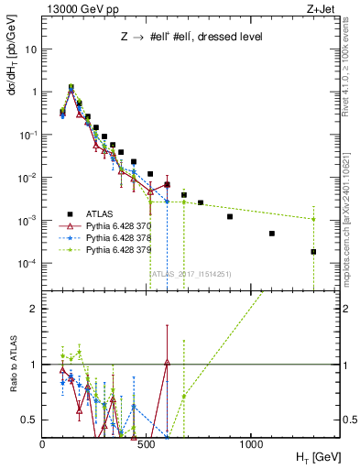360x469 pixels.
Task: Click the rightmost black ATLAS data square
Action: [313, 252]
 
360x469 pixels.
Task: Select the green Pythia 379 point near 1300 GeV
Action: [313, 219]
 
